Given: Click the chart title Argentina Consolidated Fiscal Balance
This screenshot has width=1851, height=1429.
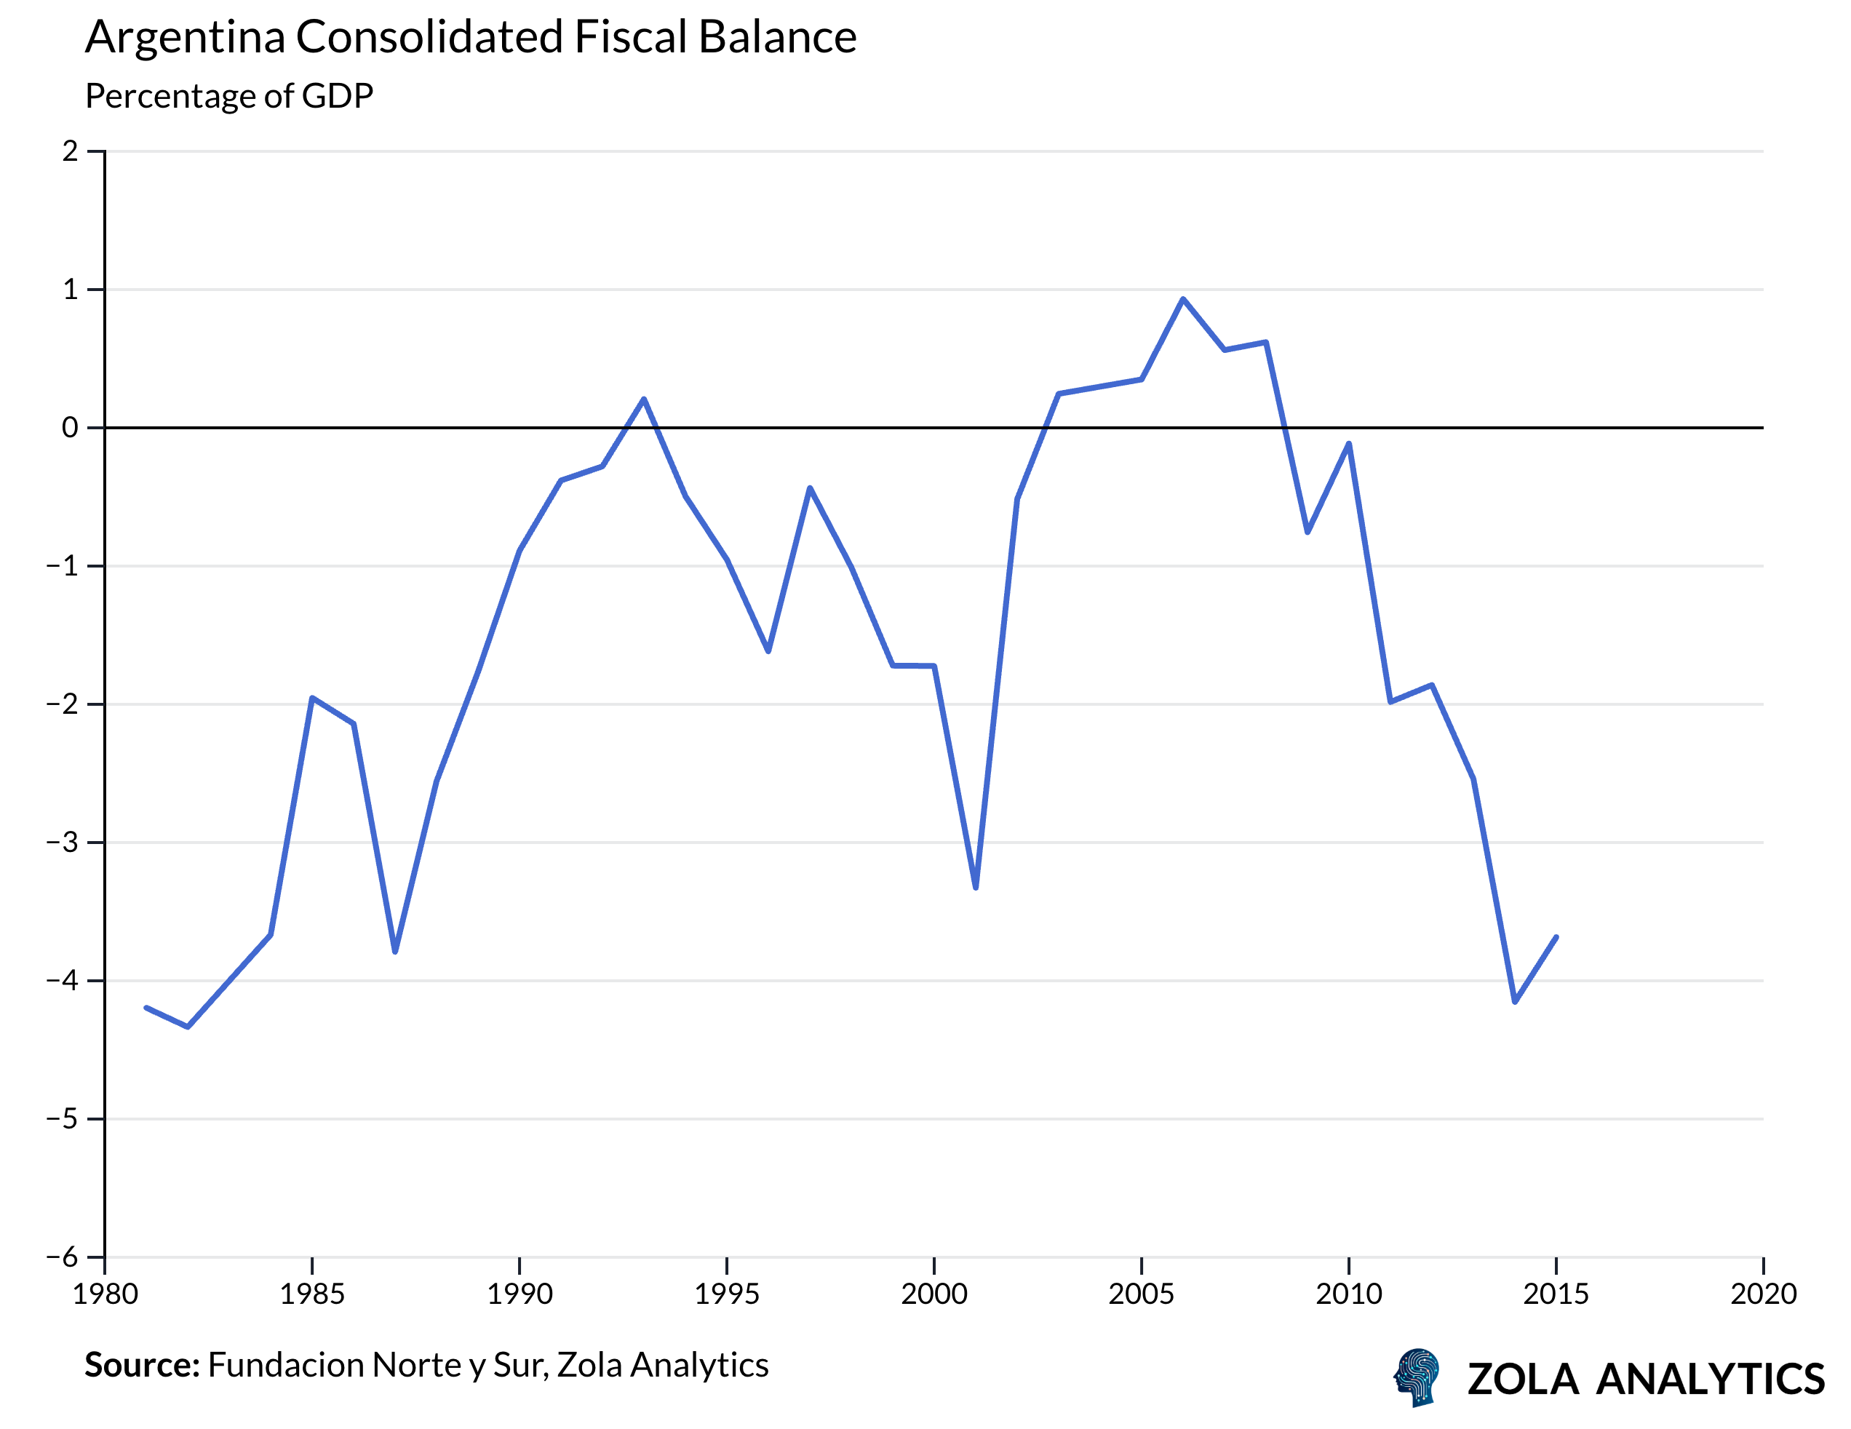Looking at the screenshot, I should coord(470,37).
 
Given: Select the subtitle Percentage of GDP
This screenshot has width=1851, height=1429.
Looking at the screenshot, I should coord(229,96).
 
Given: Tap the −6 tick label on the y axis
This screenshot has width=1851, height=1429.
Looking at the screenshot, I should coord(62,1257).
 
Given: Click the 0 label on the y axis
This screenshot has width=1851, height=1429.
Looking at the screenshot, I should coord(70,428).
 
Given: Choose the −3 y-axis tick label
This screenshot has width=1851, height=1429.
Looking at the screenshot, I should coord(62,843).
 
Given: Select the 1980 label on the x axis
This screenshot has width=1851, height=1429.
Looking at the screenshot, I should coord(105,1294).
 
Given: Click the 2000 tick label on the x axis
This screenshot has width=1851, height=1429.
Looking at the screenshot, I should coord(934,1294).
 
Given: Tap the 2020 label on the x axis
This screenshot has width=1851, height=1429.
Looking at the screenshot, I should coord(1763,1294).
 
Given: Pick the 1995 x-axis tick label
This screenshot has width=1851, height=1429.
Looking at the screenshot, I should coord(726,1294).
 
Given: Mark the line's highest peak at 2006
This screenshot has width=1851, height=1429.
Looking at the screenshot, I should coord(1183,299).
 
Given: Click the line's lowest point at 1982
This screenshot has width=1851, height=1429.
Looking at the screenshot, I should coord(187,1027).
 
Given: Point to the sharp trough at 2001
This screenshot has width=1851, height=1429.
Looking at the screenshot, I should coord(976,888).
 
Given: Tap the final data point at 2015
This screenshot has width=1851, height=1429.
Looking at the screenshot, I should coord(1556,937).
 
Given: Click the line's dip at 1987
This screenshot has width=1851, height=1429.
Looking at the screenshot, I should coord(395,952).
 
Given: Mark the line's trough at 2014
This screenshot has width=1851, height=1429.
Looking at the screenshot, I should coord(1515,1002).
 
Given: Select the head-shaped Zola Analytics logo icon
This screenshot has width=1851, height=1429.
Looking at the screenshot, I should coord(1417,1377).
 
